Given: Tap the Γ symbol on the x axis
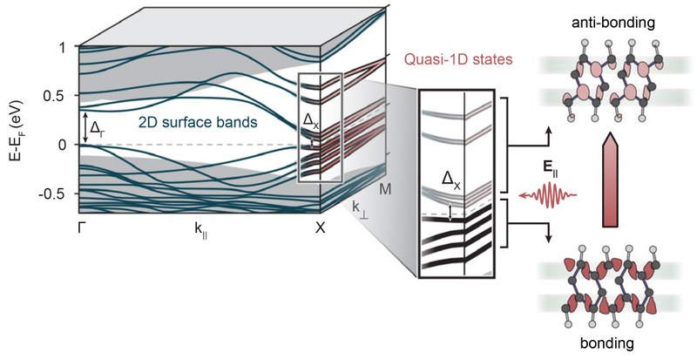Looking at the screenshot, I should [83, 228].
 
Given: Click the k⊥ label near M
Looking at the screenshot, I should [360, 209].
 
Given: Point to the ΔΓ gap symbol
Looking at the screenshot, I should [98, 129].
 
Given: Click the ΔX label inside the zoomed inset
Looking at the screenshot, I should [452, 180].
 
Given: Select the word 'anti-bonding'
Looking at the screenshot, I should [606, 20].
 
